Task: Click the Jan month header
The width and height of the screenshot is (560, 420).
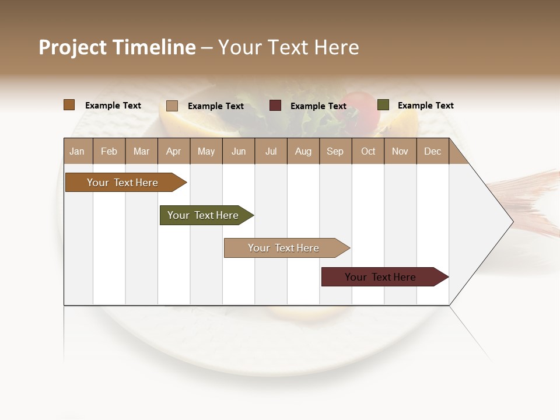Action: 78,151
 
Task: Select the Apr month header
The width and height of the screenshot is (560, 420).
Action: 174,151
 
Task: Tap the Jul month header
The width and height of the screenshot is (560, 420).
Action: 271,151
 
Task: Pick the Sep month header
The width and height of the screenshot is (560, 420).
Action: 335,151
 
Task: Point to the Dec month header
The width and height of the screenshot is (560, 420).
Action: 432,151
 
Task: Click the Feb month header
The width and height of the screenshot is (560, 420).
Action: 109,151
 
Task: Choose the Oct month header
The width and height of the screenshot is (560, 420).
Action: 368,151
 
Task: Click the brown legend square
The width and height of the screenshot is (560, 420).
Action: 69,105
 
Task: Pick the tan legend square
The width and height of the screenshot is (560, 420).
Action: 171,106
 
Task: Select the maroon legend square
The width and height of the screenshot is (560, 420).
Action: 275,106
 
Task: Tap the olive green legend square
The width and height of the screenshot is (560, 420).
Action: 383,105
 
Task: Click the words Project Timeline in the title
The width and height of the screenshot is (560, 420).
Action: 117,47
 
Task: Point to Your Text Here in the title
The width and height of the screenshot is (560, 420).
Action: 288,47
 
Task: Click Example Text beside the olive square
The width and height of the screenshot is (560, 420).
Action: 425,106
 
